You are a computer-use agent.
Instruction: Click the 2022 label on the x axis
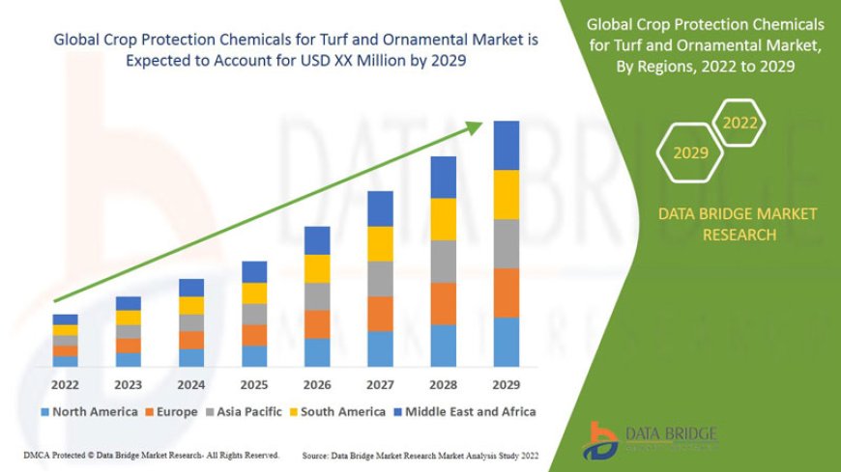66,384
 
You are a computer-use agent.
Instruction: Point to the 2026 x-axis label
317,384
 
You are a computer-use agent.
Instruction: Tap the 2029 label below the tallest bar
507,384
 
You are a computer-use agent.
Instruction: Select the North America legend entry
89,411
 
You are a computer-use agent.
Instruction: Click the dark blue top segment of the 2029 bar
507,145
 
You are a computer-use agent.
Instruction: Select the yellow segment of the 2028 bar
444,219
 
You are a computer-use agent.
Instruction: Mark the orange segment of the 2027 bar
380,314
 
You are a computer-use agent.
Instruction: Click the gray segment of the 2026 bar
317,296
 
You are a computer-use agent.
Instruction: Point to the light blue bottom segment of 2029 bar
507,343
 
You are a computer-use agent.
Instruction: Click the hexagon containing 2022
739,123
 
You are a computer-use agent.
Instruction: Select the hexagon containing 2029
690,153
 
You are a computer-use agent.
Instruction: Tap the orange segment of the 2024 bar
191,340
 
